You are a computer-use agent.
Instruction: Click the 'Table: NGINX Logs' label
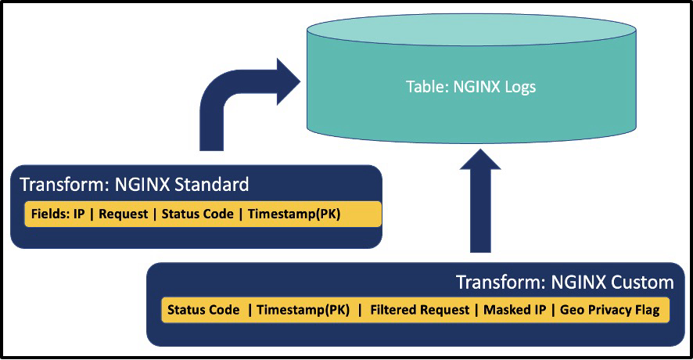471,87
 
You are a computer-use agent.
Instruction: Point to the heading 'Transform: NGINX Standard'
134,185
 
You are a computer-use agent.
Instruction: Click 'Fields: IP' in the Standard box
59,214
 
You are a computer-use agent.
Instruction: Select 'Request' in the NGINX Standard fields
124,214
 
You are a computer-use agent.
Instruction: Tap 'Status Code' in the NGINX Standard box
197,214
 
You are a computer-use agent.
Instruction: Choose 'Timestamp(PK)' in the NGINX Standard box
294,214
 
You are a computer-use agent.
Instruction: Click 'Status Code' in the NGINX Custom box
203,310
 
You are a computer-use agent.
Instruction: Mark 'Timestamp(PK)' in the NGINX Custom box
303,310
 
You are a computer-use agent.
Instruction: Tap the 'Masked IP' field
515,310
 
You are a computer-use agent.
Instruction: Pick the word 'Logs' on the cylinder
520,87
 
